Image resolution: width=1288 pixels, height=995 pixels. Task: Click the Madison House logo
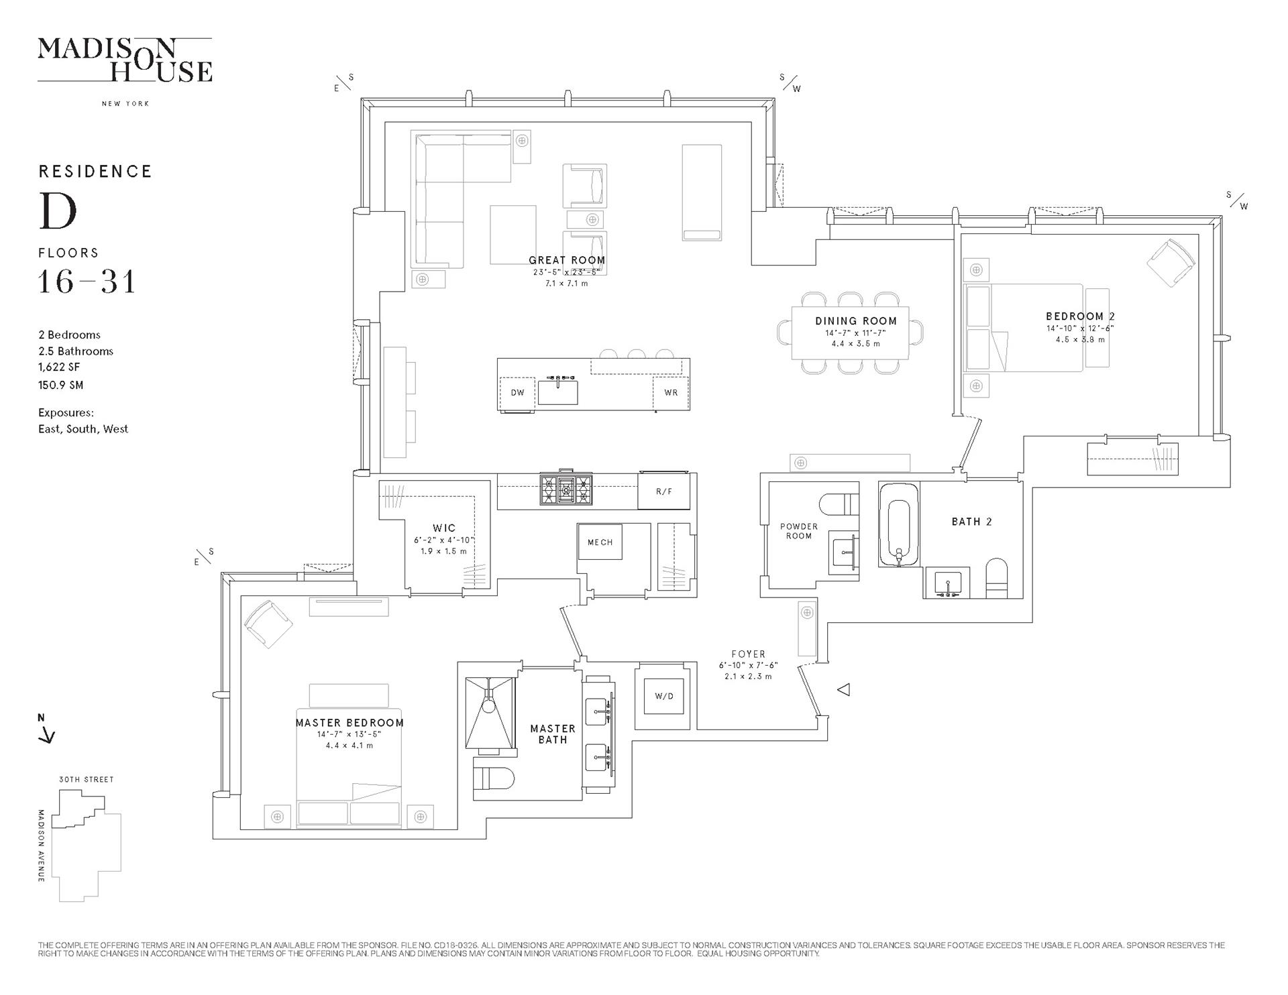pos(125,60)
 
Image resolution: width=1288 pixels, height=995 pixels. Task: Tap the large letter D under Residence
pos(58,211)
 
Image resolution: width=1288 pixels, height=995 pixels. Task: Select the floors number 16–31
pos(87,282)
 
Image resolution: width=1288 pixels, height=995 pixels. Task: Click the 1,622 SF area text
pos(59,367)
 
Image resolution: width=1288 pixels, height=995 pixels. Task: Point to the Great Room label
pos(567,260)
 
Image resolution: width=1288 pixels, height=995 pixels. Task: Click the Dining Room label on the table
pos(856,321)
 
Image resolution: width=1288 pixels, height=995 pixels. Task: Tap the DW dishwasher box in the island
pos(517,393)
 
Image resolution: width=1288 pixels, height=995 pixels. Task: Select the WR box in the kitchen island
pos(671,393)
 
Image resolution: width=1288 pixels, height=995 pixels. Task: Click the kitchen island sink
pos(557,390)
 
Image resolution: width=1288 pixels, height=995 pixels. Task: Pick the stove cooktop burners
pos(567,489)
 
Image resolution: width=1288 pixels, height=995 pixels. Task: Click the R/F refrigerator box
pos(664,491)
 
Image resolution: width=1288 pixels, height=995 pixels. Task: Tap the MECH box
pos(600,542)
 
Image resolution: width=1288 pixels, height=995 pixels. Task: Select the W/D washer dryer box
pos(664,696)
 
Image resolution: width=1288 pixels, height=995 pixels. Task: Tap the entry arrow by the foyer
pos(845,689)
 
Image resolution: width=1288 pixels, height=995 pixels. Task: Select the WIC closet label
pos(444,528)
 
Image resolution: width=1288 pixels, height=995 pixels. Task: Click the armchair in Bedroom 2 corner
pos(1171,264)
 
